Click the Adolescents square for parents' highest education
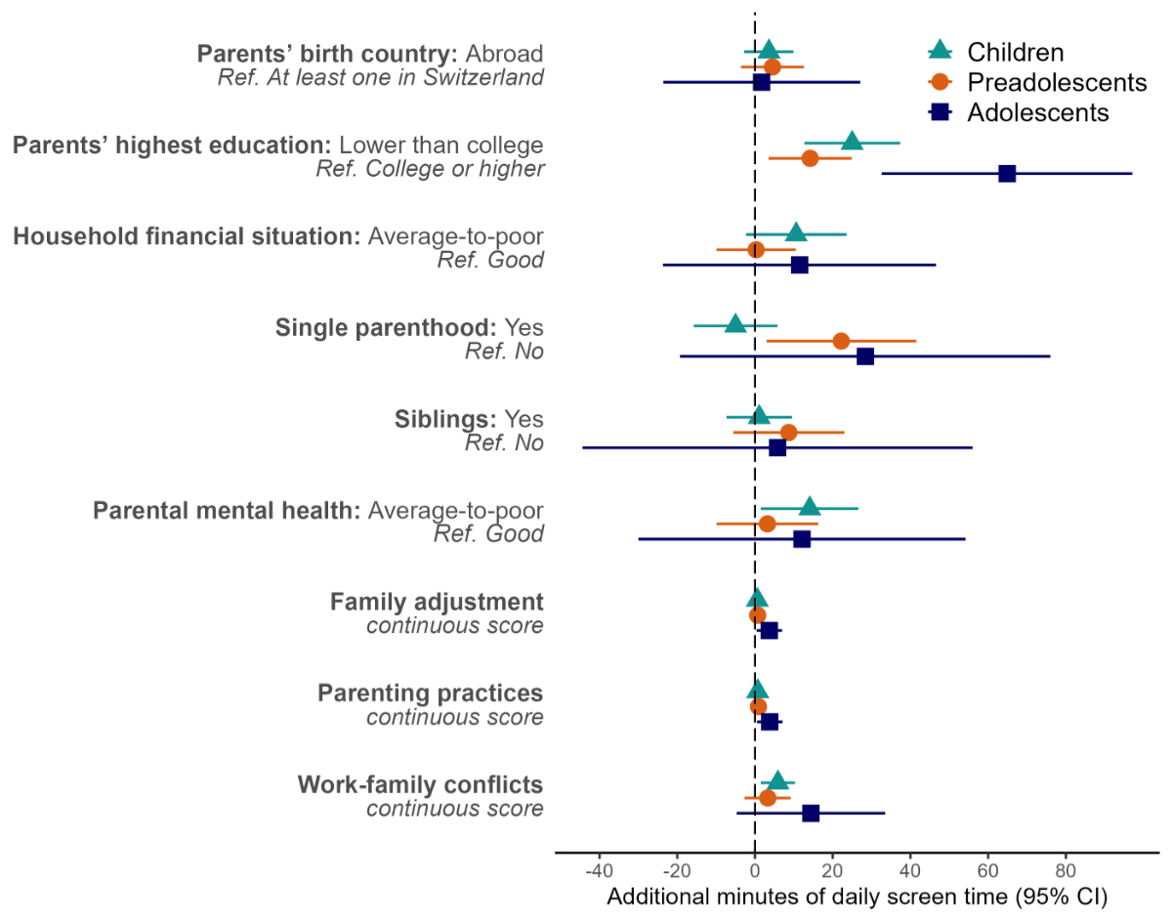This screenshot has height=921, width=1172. point(1007,174)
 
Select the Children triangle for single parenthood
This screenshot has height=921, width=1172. point(735,324)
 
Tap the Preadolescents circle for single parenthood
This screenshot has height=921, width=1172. point(841,341)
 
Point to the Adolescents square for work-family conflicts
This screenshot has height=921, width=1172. point(810,813)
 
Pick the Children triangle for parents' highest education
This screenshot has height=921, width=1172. point(852,143)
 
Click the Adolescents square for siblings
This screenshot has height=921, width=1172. point(777,448)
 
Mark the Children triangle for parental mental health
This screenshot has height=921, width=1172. point(809,507)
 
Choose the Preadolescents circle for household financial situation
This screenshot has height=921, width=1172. point(756,250)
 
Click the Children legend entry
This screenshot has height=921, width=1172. point(1015,52)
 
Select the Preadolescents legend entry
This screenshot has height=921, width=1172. point(1056,82)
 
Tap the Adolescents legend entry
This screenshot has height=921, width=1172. point(1037,112)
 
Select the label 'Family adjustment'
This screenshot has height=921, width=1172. point(437,602)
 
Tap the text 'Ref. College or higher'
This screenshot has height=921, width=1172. point(430,169)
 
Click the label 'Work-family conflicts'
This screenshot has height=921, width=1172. point(420,785)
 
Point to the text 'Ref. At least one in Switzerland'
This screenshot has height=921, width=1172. point(380,78)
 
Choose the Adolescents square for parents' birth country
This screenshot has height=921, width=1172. point(762,82)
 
